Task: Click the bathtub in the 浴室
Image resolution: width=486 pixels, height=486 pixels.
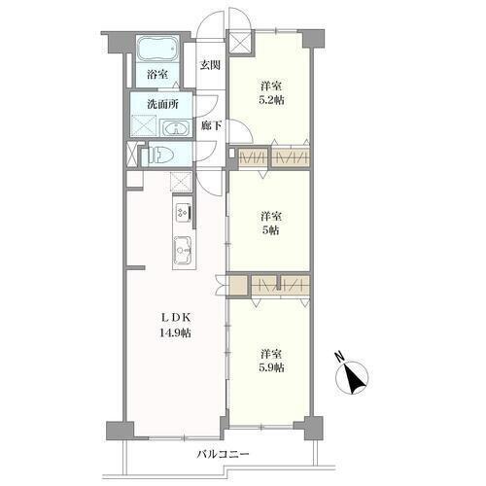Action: (157, 49)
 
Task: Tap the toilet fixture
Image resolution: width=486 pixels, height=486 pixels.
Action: (160, 155)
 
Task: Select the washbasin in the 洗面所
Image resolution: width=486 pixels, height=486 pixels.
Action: (175, 128)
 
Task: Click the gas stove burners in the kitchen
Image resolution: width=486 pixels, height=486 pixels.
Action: (182, 213)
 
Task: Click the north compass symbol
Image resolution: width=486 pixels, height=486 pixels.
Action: (352, 377)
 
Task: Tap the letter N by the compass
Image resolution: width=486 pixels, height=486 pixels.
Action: (339, 357)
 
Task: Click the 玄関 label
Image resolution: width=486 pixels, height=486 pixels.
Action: (210, 65)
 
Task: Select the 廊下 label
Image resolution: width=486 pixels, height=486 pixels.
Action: (211, 125)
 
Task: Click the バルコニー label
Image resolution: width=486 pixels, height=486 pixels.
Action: (224, 454)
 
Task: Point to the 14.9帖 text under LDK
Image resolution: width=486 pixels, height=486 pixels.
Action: (175, 332)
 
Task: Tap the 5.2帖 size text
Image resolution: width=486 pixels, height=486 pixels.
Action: (271, 100)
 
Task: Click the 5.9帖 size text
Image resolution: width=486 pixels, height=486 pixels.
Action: (271, 368)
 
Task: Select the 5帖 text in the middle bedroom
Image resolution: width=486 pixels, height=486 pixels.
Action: (270, 230)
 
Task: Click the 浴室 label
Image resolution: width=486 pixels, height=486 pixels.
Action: (157, 75)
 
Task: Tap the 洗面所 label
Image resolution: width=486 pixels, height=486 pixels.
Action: (162, 104)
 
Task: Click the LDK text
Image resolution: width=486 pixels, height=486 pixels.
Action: (175, 318)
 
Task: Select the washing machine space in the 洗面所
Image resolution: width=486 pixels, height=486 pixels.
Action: (144, 125)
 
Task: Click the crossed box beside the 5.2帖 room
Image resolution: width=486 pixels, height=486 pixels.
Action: (239, 42)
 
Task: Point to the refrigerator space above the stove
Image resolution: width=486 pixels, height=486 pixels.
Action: (181, 181)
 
